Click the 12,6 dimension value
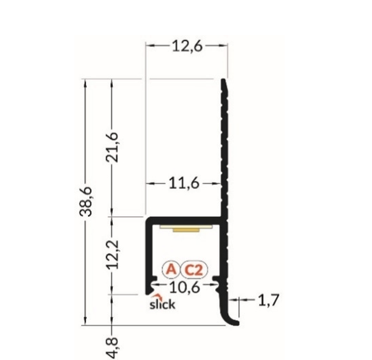coord(187,46)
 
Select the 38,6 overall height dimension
coord(86,201)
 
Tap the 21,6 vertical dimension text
coord(112,147)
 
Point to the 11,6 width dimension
coord(184,184)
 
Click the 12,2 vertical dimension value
coord(112,254)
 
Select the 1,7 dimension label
coord(269,300)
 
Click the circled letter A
coord(171,269)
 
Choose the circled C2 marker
coord(194,270)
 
